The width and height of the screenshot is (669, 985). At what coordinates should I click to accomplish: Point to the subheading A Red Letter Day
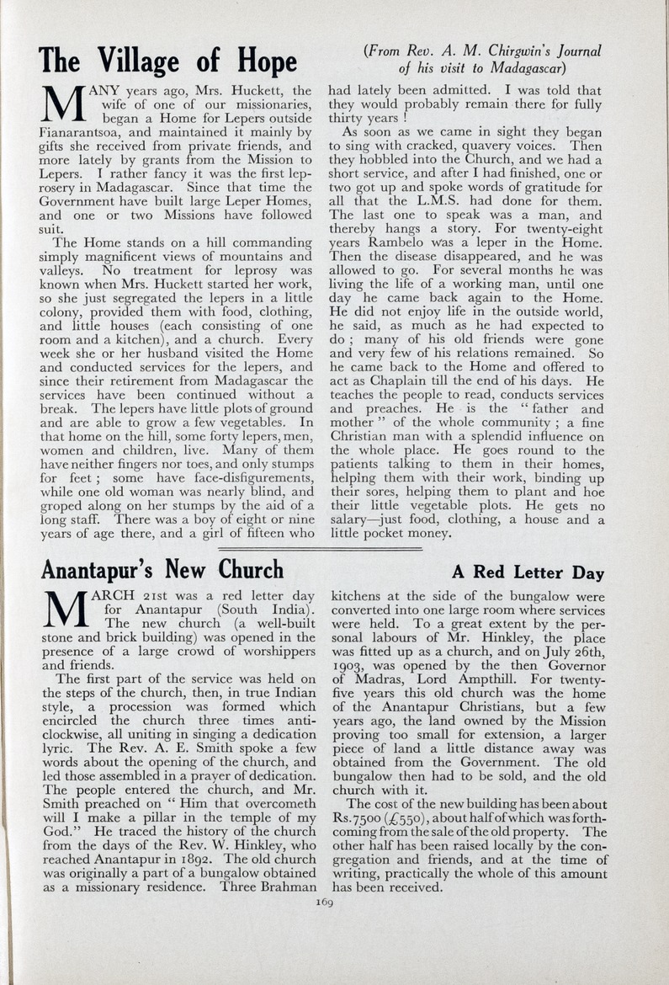pos(528,573)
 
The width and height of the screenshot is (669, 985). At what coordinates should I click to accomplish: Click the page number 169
pos(324,902)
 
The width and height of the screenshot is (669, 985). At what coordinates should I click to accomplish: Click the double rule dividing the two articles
pos(320,547)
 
